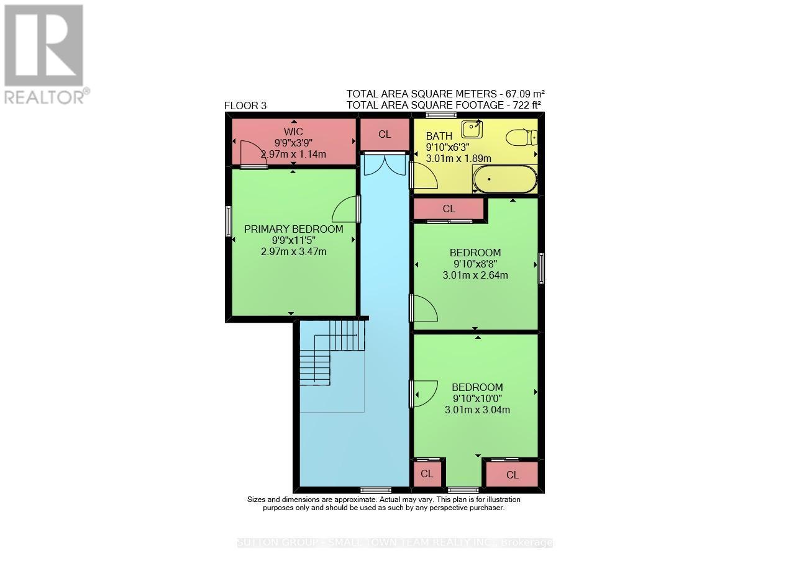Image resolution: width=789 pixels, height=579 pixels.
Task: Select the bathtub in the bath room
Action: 504,179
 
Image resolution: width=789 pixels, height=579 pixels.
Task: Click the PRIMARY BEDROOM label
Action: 293,229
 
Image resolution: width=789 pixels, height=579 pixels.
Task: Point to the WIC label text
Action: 293,132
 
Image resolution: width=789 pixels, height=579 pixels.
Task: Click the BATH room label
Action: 439,137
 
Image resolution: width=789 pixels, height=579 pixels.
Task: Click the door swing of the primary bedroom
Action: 345,210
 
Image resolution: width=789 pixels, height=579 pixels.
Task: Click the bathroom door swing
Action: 425,176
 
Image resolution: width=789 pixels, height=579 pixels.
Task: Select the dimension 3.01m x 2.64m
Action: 475,275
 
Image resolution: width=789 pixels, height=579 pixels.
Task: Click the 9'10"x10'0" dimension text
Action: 477,398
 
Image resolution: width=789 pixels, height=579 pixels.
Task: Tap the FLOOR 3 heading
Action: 245,106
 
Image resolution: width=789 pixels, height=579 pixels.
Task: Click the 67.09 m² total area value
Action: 525,94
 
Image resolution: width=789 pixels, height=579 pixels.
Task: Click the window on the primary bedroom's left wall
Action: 228,221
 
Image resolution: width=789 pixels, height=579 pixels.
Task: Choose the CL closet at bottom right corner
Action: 512,475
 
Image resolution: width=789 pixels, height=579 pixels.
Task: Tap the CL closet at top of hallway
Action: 385,134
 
